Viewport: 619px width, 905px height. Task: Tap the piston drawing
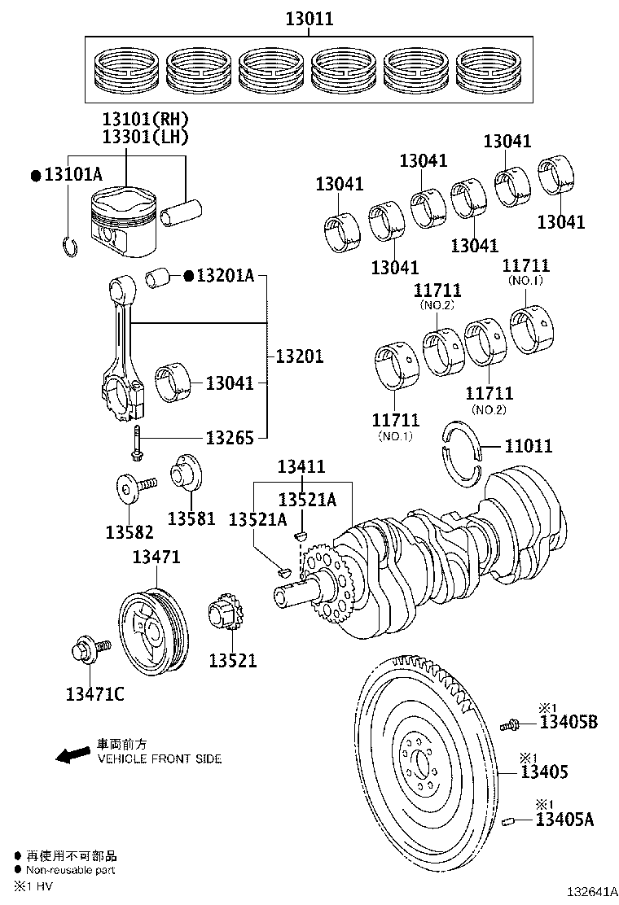(x=121, y=222)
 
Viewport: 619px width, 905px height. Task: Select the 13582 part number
(x=129, y=531)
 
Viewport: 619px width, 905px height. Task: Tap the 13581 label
(x=192, y=518)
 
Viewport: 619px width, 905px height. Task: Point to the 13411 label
(x=301, y=467)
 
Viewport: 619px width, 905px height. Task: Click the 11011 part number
(x=528, y=446)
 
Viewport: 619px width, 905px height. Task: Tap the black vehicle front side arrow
(x=72, y=755)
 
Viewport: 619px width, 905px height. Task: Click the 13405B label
(x=569, y=722)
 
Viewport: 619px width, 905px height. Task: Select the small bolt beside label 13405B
(x=511, y=723)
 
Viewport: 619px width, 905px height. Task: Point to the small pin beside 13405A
(x=509, y=820)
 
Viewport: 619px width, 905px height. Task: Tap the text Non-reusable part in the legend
(x=71, y=870)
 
